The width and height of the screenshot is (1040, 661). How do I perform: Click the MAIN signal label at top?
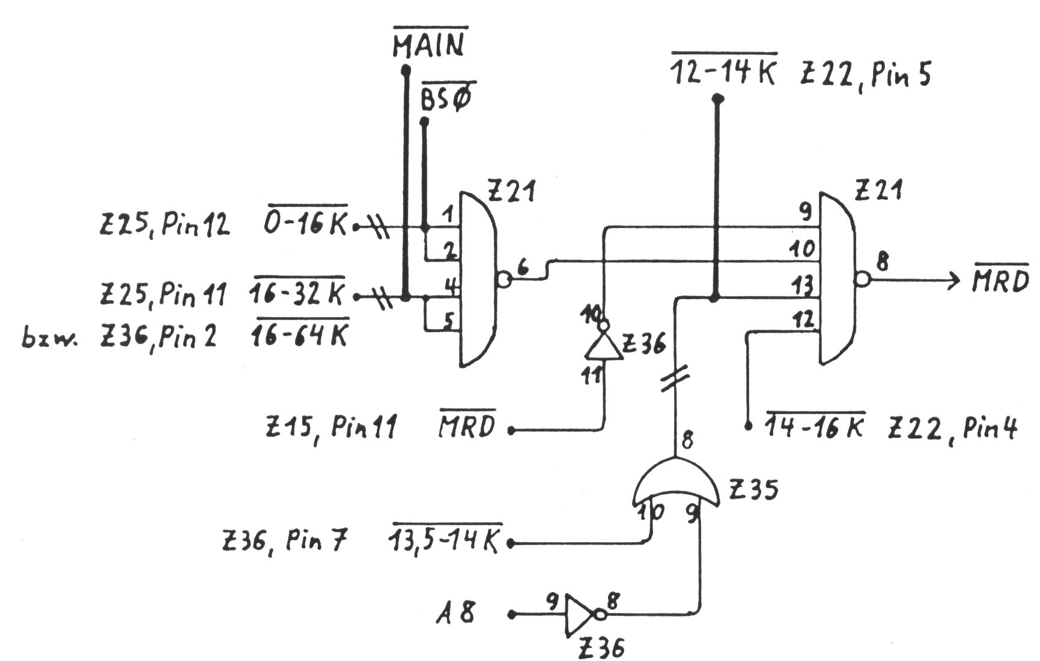point(430,45)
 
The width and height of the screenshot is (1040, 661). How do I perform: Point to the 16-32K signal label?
point(299,295)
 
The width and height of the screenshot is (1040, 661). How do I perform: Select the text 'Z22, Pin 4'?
point(953,429)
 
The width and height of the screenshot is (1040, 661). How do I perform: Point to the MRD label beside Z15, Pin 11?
point(467,426)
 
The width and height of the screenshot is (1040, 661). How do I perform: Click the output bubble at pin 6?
point(503,279)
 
